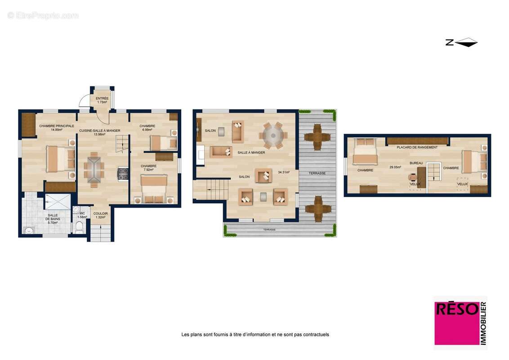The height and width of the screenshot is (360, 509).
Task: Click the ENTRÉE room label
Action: tap(102, 98)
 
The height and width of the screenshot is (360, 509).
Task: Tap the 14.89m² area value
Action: tap(56, 130)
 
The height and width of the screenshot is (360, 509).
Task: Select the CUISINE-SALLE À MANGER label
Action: tap(99, 130)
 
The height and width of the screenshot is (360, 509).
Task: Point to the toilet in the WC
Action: tap(79, 227)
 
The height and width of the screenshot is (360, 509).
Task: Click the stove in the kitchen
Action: tap(123, 174)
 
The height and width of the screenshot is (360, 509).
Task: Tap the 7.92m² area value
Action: tap(148, 170)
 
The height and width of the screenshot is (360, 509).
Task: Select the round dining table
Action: tap(272, 135)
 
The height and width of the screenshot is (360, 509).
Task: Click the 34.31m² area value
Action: tap(283, 172)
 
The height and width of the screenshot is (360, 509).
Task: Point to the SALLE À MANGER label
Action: tap(251, 153)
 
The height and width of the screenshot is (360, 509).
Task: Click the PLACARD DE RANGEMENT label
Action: tap(417, 147)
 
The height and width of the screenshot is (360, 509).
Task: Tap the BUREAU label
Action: tap(416, 163)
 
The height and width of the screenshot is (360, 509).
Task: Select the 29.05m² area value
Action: tap(395, 167)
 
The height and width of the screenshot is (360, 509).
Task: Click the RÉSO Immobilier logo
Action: tap(460, 323)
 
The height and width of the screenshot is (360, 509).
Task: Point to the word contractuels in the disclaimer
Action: tap(317, 334)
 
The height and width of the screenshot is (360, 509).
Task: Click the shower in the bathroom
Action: tap(58, 202)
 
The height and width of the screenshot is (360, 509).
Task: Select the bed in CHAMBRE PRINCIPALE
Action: tap(60, 159)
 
